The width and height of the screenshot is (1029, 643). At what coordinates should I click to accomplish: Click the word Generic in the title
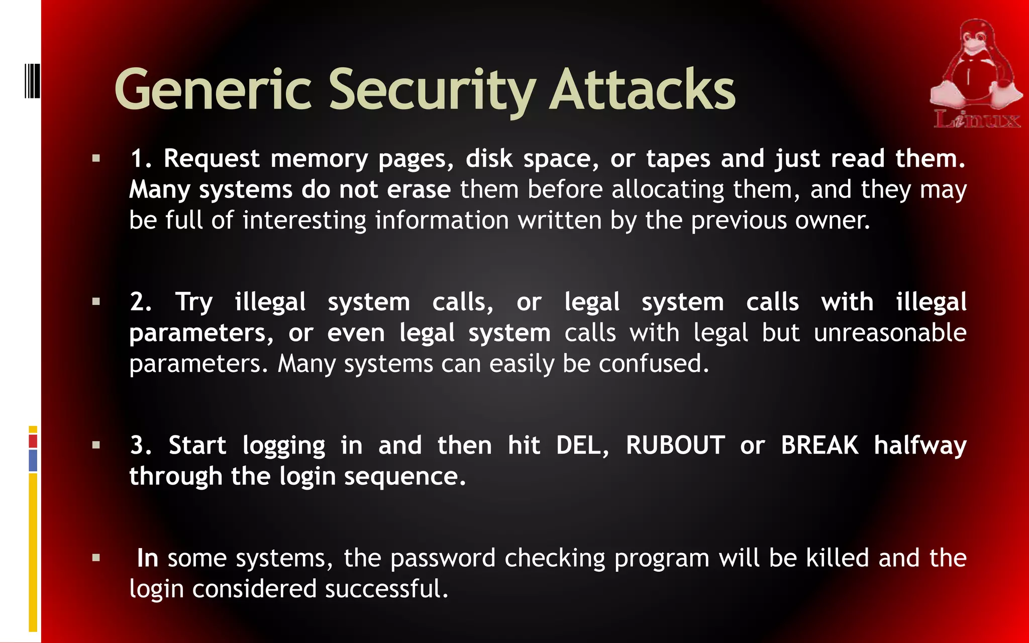213,90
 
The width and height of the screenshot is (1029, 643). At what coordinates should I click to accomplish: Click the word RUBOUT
675,446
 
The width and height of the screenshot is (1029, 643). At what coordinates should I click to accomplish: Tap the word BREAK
819,446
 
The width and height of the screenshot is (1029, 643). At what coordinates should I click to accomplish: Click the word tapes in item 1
678,159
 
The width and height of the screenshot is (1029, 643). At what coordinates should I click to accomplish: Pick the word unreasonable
890,333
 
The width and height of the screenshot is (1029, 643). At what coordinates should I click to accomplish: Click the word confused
653,364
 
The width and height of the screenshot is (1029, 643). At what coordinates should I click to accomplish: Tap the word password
443,559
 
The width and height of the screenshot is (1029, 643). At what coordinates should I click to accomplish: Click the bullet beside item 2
96,302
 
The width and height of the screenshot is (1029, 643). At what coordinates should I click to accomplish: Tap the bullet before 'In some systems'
96,558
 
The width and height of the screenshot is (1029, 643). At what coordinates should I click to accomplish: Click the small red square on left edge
33,442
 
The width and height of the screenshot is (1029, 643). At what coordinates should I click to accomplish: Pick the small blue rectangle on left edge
33,461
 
